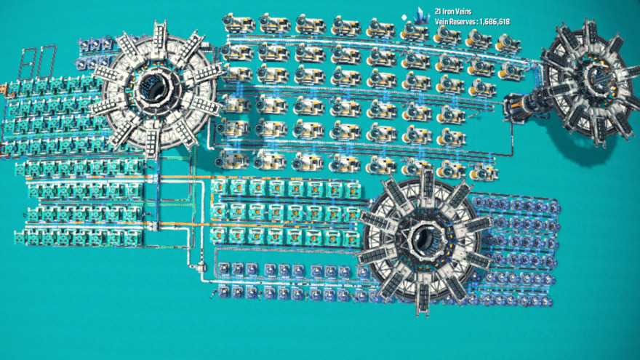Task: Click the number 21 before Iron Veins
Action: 439,12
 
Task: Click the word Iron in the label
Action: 449,12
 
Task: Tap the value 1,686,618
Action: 495,22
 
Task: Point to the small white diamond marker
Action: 404,17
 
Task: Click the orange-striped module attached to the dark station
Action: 518,107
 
